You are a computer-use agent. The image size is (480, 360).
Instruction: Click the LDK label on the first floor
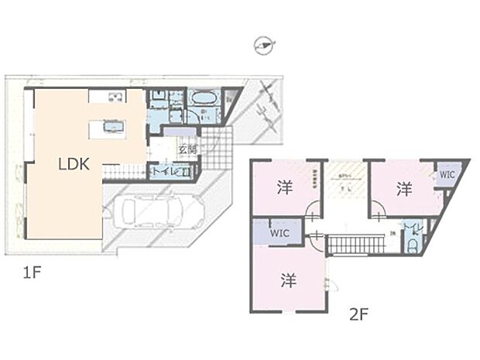[x=75, y=164]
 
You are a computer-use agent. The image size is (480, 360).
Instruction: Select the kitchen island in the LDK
[x=108, y=129]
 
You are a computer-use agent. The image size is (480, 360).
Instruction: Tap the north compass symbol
[x=264, y=46]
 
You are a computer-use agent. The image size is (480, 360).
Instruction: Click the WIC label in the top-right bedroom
[x=447, y=175]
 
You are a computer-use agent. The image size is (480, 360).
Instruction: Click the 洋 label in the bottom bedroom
[x=287, y=280]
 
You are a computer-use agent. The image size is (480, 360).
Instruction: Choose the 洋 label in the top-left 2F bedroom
[x=283, y=187]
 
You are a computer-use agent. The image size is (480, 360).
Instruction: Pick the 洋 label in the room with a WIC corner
[x=403, y=188]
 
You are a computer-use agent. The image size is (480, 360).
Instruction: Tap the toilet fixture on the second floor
[x=413, y=242]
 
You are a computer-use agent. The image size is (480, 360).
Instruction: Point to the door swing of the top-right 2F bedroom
[x=378, y=210]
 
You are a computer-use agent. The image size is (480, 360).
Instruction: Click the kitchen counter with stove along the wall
[x=108, y=96]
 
